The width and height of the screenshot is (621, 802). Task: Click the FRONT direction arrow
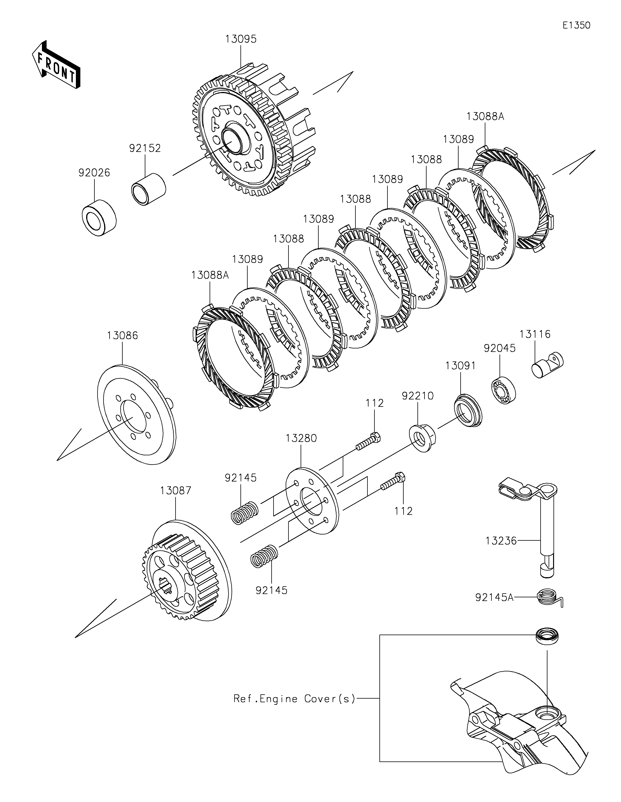click(56, 64)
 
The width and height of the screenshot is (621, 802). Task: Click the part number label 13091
click(461, 366)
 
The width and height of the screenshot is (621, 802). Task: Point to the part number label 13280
click(301, 438)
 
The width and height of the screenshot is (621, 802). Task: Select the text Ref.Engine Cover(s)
click(295, 698)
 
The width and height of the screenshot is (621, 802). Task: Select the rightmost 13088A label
click(486, 117)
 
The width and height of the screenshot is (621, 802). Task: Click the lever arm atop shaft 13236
click(528, 490)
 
